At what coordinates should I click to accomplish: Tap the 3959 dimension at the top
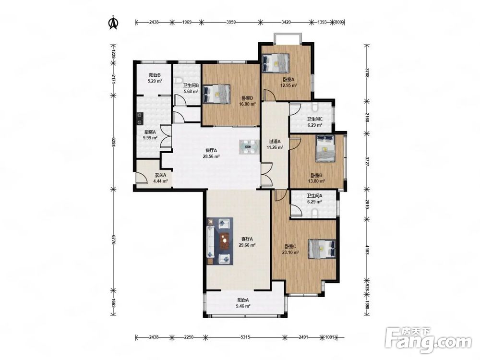click(231, 22)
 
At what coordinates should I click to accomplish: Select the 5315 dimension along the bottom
click(245, 337)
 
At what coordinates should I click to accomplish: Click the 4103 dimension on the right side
click(367, 249)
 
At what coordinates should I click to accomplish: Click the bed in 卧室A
click(276, 63)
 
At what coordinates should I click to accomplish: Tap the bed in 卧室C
click(322, 249)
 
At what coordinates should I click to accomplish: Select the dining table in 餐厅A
click(248, 146)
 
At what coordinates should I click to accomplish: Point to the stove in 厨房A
click(140, 119)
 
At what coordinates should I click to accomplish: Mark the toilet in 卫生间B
click(177, 81)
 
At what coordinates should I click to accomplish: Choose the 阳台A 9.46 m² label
click(244, 303)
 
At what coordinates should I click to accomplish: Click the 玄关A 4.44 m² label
click(160, 178)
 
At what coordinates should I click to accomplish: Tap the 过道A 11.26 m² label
click(275, 144)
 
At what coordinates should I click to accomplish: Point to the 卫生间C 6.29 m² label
click(315, 122)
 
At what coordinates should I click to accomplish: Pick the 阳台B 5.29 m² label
click(155, 78)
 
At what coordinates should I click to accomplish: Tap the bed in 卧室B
click(325, 148)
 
